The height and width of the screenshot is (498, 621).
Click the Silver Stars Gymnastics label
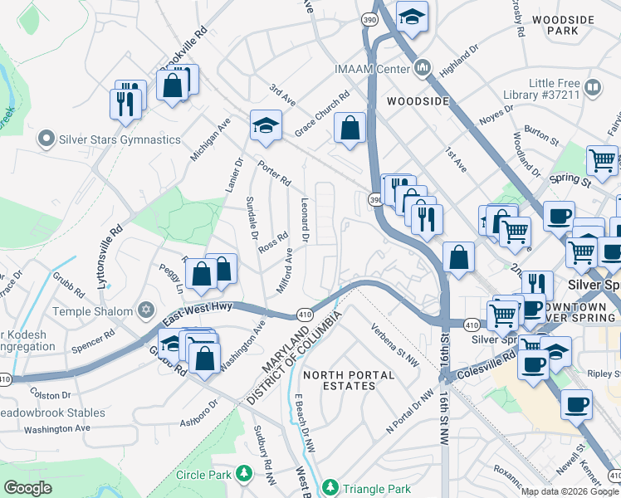pyautogui.click(x=120, y=139)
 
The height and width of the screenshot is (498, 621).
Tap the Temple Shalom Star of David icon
pyautogui.click(x=145, y=311)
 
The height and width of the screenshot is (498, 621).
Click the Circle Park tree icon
pyautogui.click(x=244, y=474)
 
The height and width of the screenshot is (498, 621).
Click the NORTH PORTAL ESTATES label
pyautogui.click(x=348, y=381)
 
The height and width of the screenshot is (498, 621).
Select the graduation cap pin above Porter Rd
pyautogui.click(x=266, y=126)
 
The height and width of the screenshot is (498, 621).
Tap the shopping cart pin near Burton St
pyautogui.click(x=601, y=159)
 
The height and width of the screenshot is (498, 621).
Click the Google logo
pyautogui.click(x=28, y=488)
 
